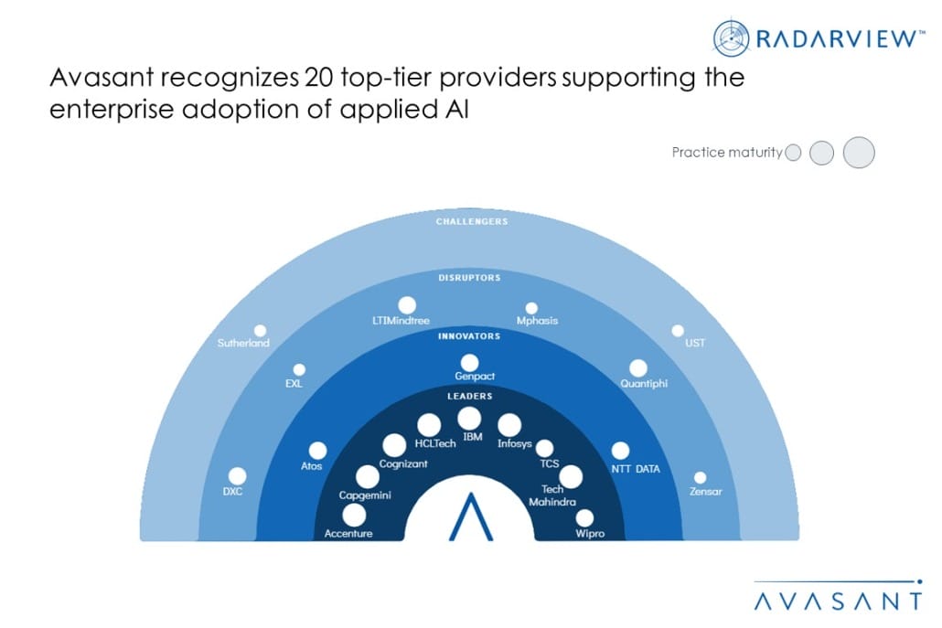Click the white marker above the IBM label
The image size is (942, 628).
pyautogui.click(x=469, y=418)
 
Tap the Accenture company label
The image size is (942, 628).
pyautogui.click(x=348, y=533)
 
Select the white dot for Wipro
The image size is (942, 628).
pyautogui.click(x=583, y=517)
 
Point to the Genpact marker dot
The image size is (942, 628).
pyautogui.click(x=469, y=362)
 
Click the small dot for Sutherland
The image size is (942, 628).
pyautogui.click(x=261, y=330)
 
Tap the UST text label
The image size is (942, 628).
pyautogui.click(x=695, y=344)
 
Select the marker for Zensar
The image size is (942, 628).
pyautogui.click(x=700, y=477)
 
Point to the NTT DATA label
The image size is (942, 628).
pyautogui.click(x=636, y=469)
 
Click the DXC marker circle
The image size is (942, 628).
pyautogui.click(x=237, y=475)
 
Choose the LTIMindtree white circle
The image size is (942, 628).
pyautogui.click(x=407, y=304)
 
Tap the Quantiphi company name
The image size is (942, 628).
pyautogui.click(x=644, y=383)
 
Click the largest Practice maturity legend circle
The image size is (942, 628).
pyautogui.click(x=859, y=153)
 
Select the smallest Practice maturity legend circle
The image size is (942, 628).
pyautogui.click(x=793, y=154)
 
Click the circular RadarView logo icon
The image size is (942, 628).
pyautogui.click(x=732, y=37)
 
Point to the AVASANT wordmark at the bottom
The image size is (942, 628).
pyautogui.click(x=838, y=601)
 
